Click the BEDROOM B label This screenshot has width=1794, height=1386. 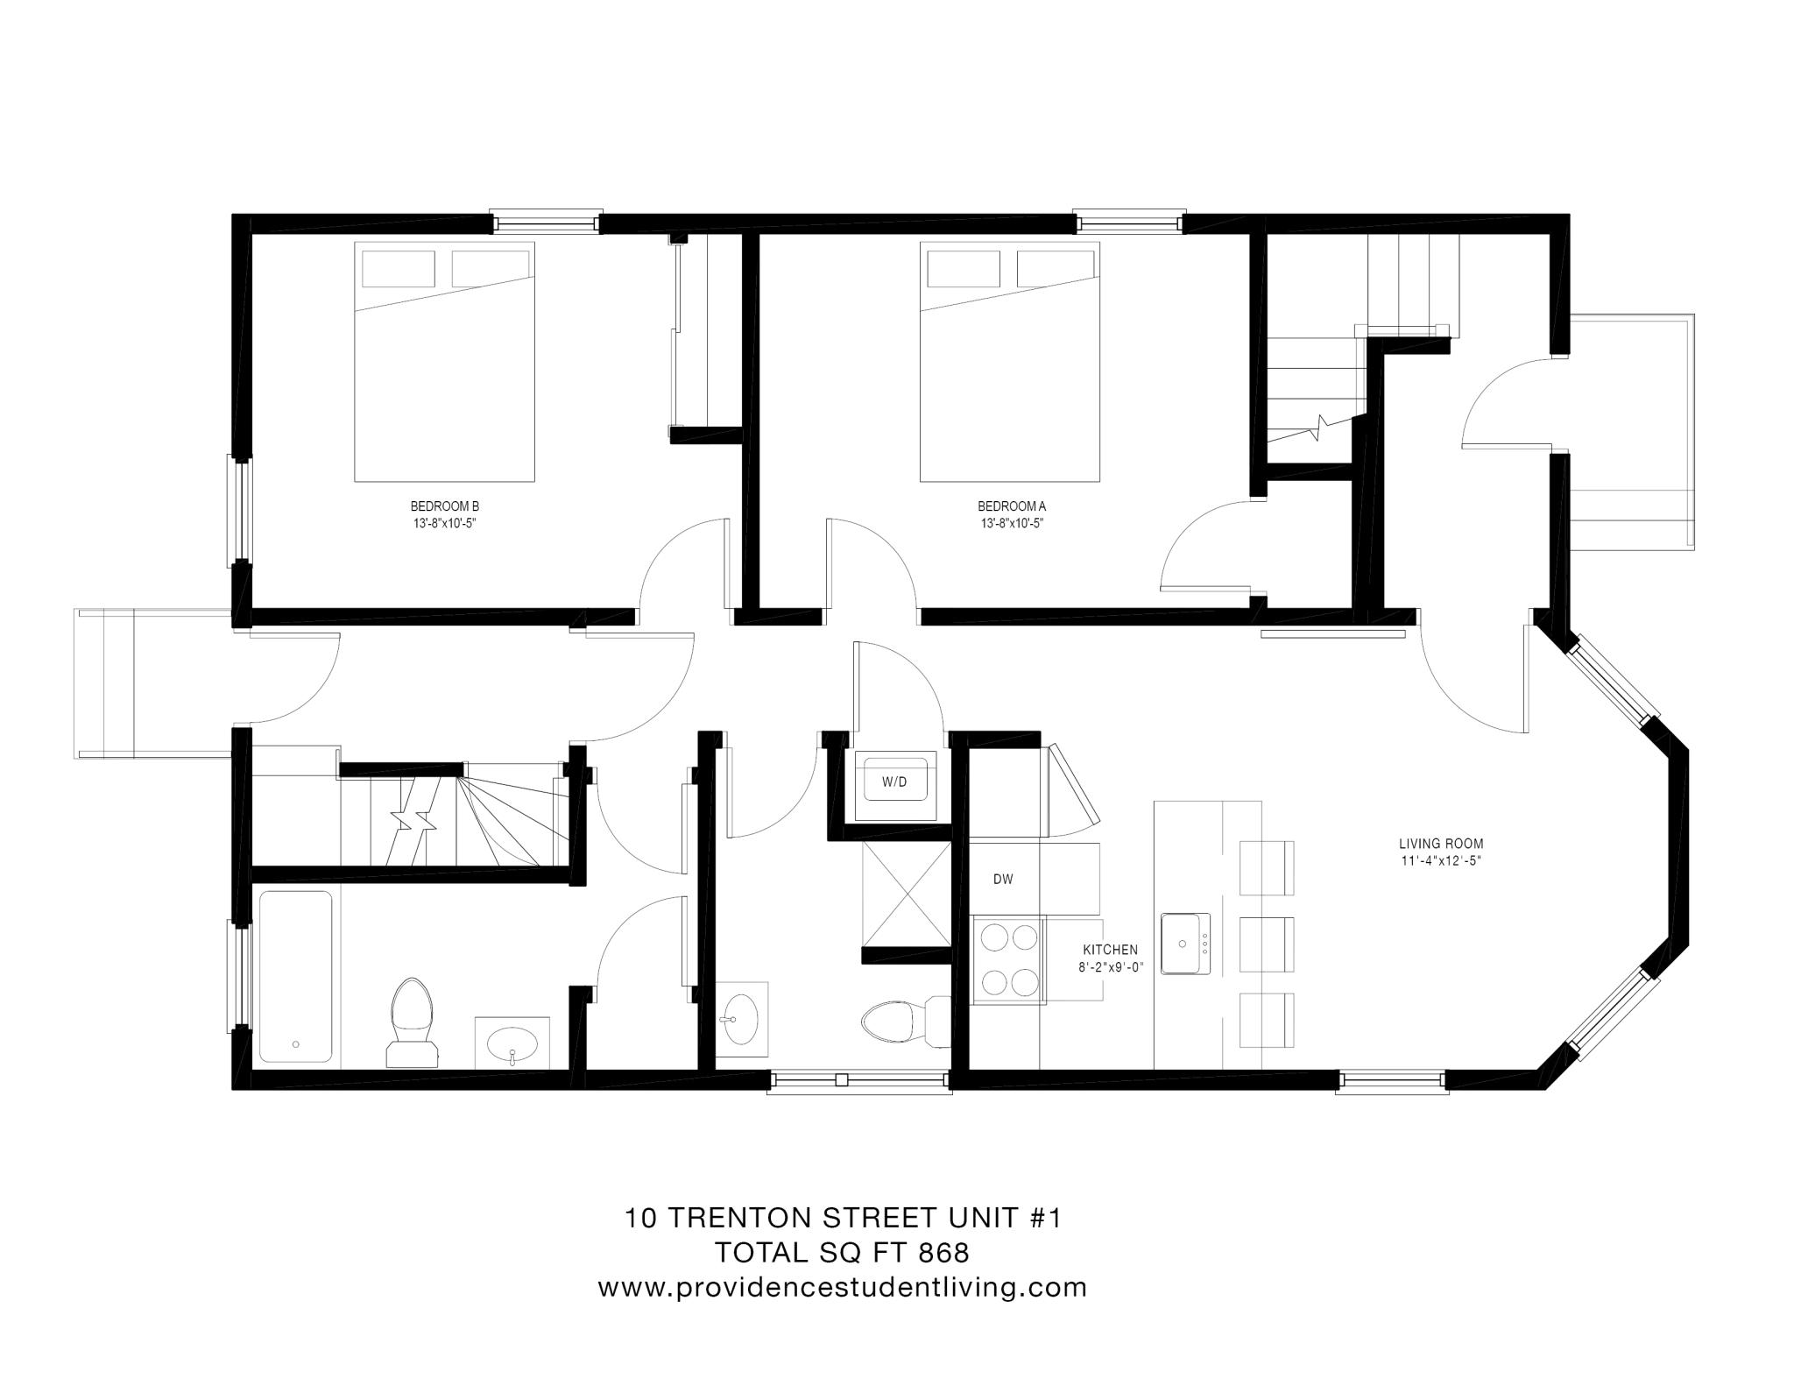444,506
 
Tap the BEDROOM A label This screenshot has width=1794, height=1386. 1011,506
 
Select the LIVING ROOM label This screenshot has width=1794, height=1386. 1440,845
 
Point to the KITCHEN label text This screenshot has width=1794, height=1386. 1110,950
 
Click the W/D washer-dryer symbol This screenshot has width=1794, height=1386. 894,781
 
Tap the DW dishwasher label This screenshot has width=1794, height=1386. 1003,880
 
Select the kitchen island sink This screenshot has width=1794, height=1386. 1185,944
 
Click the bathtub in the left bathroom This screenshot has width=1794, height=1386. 295,977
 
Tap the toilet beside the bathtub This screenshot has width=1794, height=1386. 413,1021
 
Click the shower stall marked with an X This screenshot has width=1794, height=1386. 906,892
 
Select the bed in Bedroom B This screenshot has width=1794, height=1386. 444,361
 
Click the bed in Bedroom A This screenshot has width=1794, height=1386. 1009,361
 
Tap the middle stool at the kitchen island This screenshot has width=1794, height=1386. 1267,944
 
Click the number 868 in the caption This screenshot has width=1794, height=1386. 943,1253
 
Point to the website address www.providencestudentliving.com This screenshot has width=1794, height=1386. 842,1288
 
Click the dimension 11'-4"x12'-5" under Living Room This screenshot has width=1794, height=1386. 1440,861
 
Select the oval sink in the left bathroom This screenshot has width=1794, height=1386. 512,1043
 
